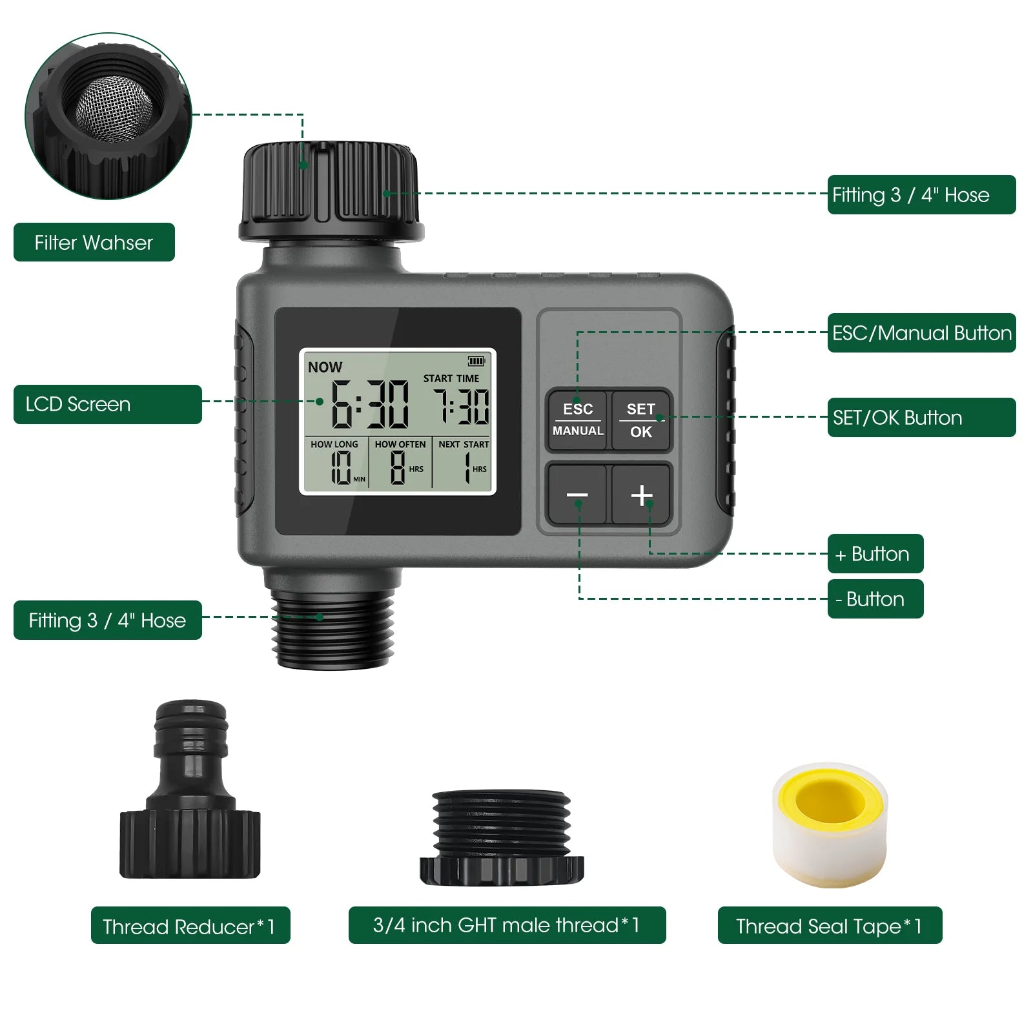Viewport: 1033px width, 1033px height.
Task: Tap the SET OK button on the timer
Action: (641, 420)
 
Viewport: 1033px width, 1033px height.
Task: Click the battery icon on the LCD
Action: (476, 361)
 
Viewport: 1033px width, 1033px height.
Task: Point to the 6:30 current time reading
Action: (370, 405)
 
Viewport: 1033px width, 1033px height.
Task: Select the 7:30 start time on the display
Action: (461, 407)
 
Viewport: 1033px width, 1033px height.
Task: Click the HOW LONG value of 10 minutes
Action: (341, 467)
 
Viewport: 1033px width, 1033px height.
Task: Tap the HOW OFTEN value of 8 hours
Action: (398, 467)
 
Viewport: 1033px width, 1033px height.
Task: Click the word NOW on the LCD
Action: (325, 367)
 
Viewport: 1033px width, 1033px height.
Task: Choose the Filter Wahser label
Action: (94, 243)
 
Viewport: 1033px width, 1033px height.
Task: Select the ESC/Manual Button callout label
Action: (921, 333)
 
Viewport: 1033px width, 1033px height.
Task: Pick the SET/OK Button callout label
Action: (921, 418)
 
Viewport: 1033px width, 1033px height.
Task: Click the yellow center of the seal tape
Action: (830, 801)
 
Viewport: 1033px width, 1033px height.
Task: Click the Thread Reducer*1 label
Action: (190, 926)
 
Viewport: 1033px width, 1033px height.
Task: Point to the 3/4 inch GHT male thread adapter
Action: (502, 837)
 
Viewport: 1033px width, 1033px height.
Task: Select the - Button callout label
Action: (875, 599)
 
